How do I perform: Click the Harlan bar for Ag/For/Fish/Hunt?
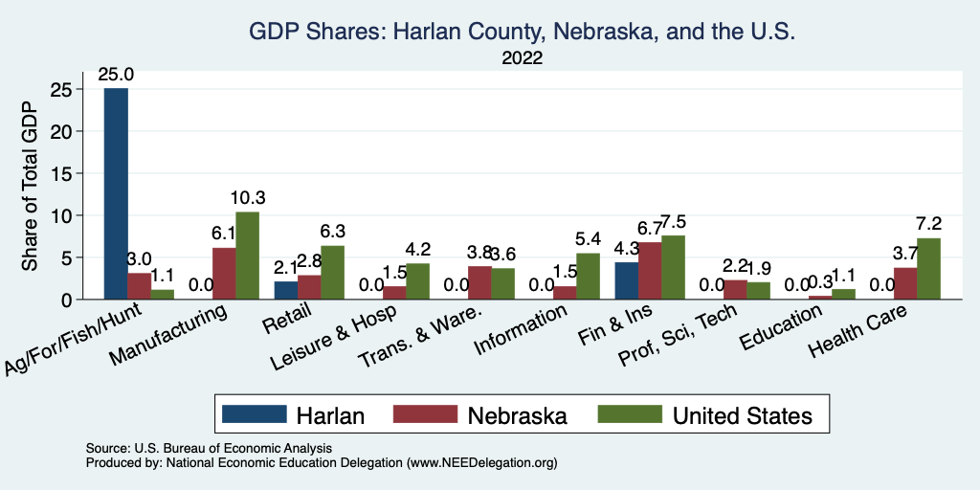click(x=116, y=193)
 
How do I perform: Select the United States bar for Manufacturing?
click(x=246, y=256)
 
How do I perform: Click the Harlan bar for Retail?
click(x=286, y=290)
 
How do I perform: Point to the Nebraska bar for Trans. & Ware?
click(x=479, y=282)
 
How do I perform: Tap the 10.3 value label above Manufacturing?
click(x=247, y=198)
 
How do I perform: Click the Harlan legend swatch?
click(x=254, y=414)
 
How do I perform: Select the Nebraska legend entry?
click(x=517, y=414)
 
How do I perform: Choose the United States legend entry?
click(x=742, y=414)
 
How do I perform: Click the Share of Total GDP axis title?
click(x=30, y=188)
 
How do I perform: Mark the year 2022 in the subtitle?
click(x=522, y=58)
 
